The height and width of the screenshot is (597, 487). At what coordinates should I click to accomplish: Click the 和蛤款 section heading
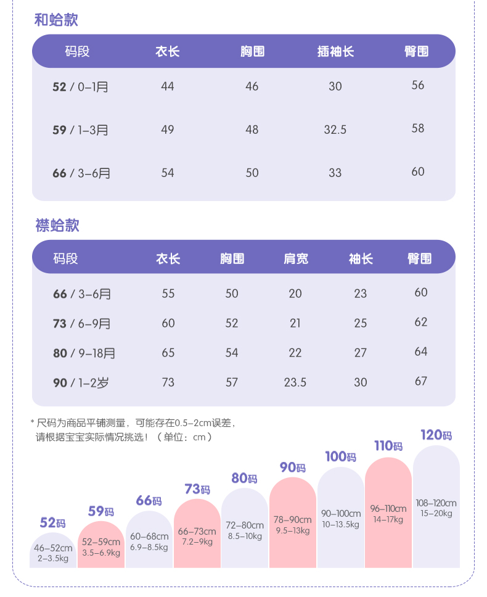(x=56, y=20)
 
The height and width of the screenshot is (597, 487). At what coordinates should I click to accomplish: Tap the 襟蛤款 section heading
(x=57, y=225)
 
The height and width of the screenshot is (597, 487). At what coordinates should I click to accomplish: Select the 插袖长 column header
(x=335, y=51)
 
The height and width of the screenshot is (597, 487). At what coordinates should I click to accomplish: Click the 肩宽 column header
(x=296, y=258)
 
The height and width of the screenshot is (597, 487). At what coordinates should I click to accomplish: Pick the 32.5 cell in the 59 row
(x=335, y=130)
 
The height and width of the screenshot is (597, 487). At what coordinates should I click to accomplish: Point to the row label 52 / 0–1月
(x=80, y=86)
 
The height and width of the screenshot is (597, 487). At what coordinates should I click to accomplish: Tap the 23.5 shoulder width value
(x=295, y=382)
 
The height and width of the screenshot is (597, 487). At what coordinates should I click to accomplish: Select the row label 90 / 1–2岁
(x=80, y=383)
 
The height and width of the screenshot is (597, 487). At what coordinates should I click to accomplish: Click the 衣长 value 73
(x=168, y=382)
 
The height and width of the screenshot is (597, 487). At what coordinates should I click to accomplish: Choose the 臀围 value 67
(x=421, y=381)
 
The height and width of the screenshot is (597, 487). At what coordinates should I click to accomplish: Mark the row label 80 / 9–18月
(x=84, y=353)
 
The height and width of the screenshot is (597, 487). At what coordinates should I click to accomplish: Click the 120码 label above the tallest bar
(x=436, y=435)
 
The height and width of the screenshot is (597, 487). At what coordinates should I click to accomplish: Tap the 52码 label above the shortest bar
(x=52, y=523)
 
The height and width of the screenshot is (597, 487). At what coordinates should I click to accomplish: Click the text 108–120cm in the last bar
(x=436, y=503)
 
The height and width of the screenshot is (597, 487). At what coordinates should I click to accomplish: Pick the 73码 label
(x=197, y=490)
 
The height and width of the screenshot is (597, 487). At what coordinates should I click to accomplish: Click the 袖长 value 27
(x=361, y=353)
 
